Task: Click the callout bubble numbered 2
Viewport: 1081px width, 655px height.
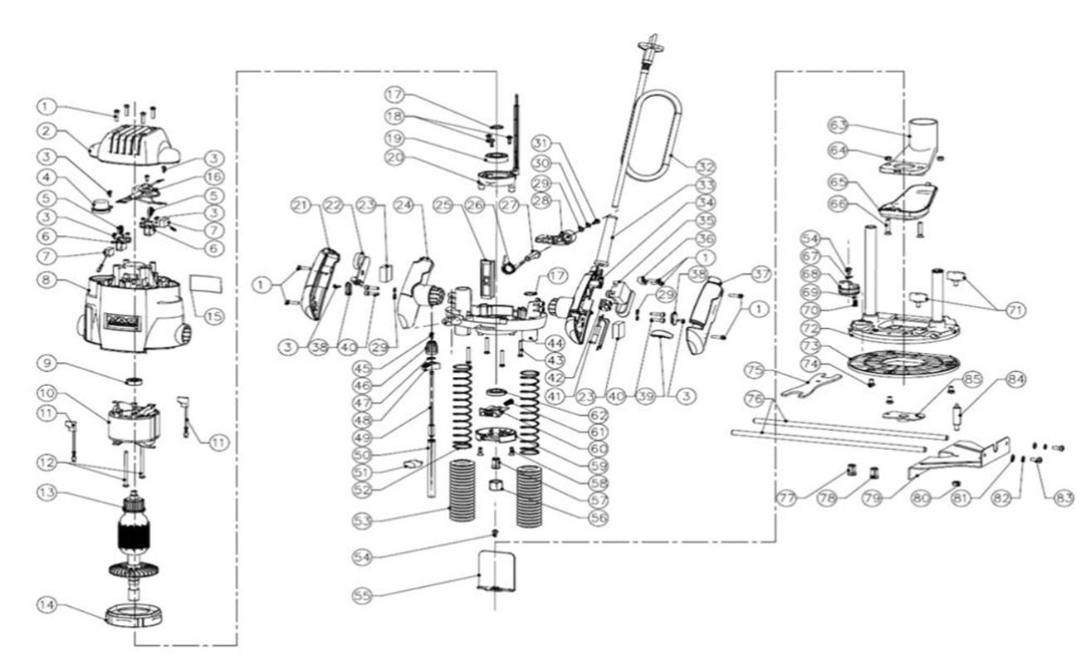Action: pyautogui.click(x=46, y=130)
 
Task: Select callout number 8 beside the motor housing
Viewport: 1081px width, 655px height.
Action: pyautogui.click(x=46, y=281)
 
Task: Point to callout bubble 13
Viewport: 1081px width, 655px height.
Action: pyautogui.click(x=46, y=492)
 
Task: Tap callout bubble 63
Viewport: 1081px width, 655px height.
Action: pyautogui.click(x=839, y=125)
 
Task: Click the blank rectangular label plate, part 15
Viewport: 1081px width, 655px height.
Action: pyautogui.click(x=207, y=284)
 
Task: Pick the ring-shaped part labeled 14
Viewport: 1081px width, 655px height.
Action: pyautogui.click(x=132, y=615)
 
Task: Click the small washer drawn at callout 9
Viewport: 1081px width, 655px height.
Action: pyautogui.click(x=132, y=381)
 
